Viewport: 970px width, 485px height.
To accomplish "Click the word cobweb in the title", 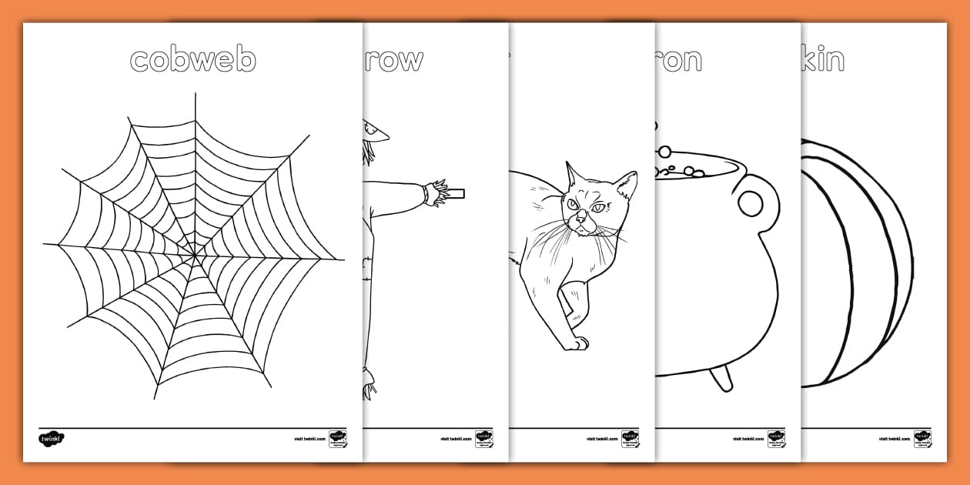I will coord(192,59).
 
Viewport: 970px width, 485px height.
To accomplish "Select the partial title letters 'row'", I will coord(393,59).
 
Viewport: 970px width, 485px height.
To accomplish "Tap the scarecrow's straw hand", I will coord(436,192).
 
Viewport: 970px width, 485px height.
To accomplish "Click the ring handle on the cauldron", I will coord(751,202).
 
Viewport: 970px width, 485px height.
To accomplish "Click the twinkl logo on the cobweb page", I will coord(52,439).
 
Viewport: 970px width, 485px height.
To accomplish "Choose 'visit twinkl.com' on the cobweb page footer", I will coord(309,439).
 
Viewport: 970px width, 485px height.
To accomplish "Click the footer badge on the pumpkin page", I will coord(922,439).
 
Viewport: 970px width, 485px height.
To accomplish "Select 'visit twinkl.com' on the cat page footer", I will coord(601,439).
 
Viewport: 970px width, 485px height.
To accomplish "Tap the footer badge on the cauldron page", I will coord(776,439).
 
